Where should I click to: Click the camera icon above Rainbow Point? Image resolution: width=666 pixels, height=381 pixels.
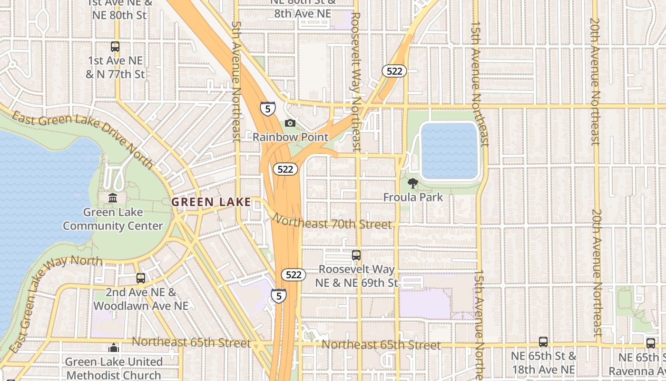tap(290, 123)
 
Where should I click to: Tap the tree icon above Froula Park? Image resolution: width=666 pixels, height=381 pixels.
tap(413, 183)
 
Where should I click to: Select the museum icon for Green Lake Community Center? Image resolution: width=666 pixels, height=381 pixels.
tap(113, 198)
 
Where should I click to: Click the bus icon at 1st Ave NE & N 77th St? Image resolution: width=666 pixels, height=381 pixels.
tap(115, 47)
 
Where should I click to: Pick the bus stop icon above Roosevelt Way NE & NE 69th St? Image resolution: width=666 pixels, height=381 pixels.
tap(356, 255)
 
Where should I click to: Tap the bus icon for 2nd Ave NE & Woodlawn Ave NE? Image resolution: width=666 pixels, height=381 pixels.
tap(141, 278)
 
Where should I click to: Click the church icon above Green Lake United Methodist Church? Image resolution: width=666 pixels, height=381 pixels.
tap(114, 348)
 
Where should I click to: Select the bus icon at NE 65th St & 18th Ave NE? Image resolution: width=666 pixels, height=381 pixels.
tap(543, 342)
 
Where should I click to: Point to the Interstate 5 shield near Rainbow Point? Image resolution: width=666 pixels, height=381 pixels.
tap(268, 109)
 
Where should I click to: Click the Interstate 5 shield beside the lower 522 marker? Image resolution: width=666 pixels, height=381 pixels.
tap(279, 296)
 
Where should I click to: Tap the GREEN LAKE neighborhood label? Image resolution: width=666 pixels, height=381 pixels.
tap(211, 202)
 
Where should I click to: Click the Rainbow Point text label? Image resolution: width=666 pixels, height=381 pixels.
tap(290, 137)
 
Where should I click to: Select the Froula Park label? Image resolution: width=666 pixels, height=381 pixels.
tap(413, 197)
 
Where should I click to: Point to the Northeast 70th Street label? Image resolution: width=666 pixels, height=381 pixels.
tap(332, 222)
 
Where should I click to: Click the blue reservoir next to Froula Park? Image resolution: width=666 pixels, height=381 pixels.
tap(449, 151)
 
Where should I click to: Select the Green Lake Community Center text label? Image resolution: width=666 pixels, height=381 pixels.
tap(113, 219)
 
